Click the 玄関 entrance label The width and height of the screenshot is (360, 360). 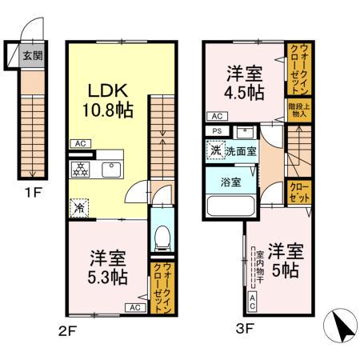(32, 56)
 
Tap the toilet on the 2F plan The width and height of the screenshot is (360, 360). (161, 235)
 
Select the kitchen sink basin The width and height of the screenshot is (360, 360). (109, 170)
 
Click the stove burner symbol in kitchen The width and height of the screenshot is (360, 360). (80, 170)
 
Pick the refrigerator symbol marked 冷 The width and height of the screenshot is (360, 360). (79, 206)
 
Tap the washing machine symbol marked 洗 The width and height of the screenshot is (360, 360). (215, 150)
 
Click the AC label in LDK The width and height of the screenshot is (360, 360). (79, 145)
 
